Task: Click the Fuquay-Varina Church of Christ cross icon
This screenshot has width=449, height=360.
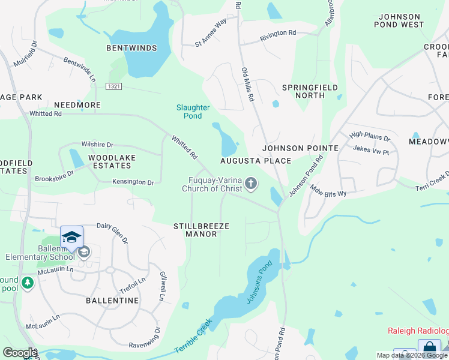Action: coord(251,184)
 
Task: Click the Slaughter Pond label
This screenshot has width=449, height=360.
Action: coord(193,112)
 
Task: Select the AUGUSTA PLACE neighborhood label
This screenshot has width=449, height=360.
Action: coord(255,161)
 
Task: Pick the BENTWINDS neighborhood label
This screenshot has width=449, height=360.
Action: coord(131,48)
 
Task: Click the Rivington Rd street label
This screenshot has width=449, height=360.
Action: coord(278,36)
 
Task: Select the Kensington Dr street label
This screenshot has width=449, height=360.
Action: coord(133,182)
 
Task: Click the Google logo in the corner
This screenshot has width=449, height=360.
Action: coord(20,353)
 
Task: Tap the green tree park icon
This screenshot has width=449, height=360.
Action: coord(26,283)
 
